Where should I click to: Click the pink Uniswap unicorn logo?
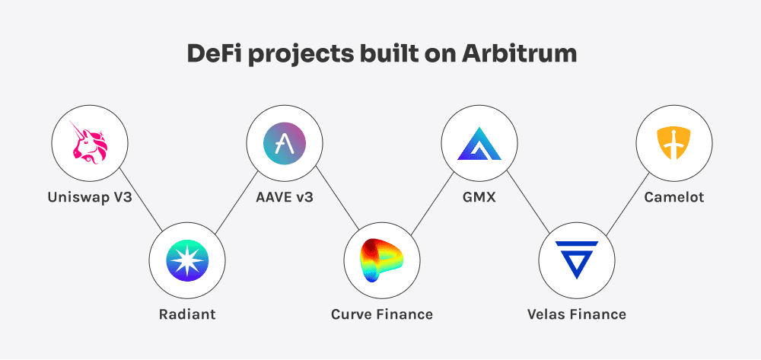(89, 142)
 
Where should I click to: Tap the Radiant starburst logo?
(186, 260)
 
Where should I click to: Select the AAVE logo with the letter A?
(284, 142)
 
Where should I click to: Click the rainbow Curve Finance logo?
(381, 260)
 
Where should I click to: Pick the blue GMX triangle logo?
(479, 142)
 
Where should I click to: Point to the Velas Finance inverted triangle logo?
(576, 260)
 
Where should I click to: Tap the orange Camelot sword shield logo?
(673, 142)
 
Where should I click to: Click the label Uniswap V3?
(89, 198)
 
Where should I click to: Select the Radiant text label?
(186, 314)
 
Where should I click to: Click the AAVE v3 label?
(284, 198)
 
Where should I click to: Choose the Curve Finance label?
(381, 314)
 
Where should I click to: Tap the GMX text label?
(479, 198)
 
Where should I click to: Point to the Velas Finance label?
(576, 314)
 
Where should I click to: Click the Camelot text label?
(673, 198)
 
